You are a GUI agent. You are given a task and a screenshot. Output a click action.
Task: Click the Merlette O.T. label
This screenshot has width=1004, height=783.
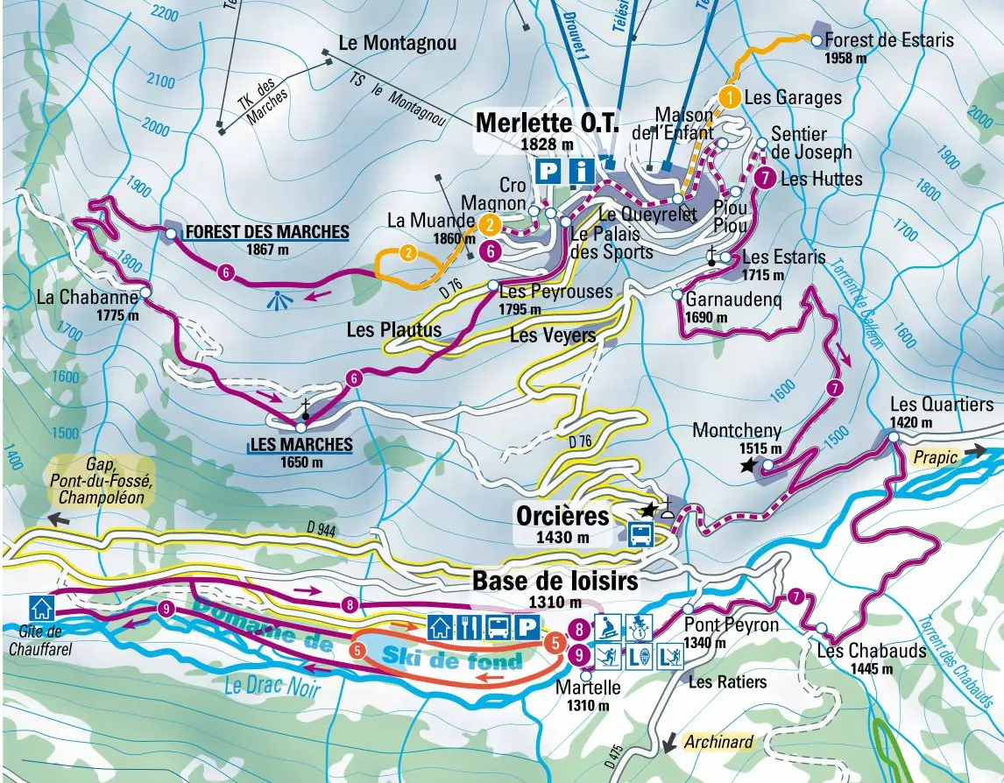[x=548, y=123]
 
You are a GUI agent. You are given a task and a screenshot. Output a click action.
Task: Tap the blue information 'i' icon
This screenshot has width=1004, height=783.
[x=581, y=171]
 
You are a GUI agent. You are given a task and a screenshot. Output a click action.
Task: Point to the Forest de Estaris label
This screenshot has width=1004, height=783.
[x=888, y=40]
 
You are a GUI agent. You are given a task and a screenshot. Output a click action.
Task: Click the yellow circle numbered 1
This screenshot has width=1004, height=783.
[x=730, y=96]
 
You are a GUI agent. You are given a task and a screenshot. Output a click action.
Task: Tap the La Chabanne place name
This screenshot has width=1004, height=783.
[x=88, y=298]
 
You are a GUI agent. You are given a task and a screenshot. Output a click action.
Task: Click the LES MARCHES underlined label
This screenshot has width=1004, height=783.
[x=301, y=445]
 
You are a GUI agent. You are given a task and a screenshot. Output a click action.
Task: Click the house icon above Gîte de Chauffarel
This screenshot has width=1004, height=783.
[x=39, y=606]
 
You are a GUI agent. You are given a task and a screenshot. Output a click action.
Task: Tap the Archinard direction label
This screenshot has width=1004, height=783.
[x=718, y=742]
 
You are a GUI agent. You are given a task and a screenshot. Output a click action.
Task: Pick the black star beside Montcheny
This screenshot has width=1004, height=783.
[x=746, y=468]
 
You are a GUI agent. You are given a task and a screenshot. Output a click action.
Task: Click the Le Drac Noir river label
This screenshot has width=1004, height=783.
[x=271, y=686]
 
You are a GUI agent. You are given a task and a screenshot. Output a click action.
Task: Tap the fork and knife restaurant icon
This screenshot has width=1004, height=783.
[x=469, y=627]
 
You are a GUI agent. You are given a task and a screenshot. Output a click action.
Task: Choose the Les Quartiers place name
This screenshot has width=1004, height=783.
[x=929, y=405]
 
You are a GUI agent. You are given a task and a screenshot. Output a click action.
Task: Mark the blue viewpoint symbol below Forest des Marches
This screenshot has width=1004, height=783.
[x=279, y=300]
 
